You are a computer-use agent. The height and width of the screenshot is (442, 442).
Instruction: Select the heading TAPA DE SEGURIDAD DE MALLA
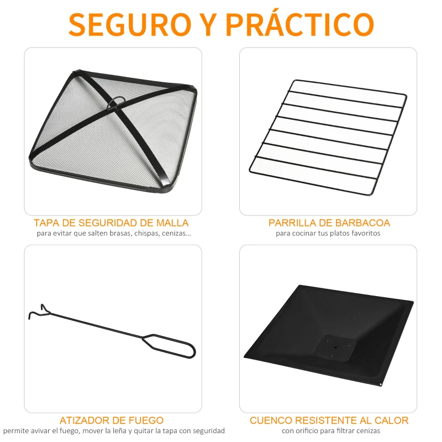click(x=111, y=223)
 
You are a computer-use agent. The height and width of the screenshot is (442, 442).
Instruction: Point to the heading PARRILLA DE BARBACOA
click(x=329, y=223)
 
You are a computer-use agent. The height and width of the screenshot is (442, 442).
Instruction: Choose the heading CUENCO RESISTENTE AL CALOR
click(x=329, y=421)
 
